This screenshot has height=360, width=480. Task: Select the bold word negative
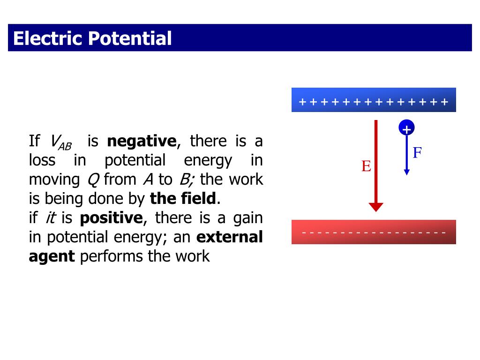pyautogui.click(x=142, y=141)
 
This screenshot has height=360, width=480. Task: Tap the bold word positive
pyautogui.click(x=111, y=218)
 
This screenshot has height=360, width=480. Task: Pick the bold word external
pyautogui.click(x=229, y=237)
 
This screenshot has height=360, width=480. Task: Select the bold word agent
pyautogui.click(x=52, y=257)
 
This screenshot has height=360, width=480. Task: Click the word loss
pyautogui.click(x=42, y=160)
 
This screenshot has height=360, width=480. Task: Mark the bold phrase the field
pyautogui.click(x=183, y=199)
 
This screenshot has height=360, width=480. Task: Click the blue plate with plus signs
pyautogui.click(x=374, y=100)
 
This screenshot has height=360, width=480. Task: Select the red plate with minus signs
pyautogui.click(x=374, y=232)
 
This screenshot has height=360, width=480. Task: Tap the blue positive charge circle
pyautogui.click(x=406, y=128)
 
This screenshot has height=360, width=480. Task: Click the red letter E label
pyautogui.click(x=366, y=166)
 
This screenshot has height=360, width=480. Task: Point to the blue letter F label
pyautogui.click(x=417, y=152)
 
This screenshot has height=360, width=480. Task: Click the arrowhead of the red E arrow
pyautogui.click(x=376, y=207)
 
